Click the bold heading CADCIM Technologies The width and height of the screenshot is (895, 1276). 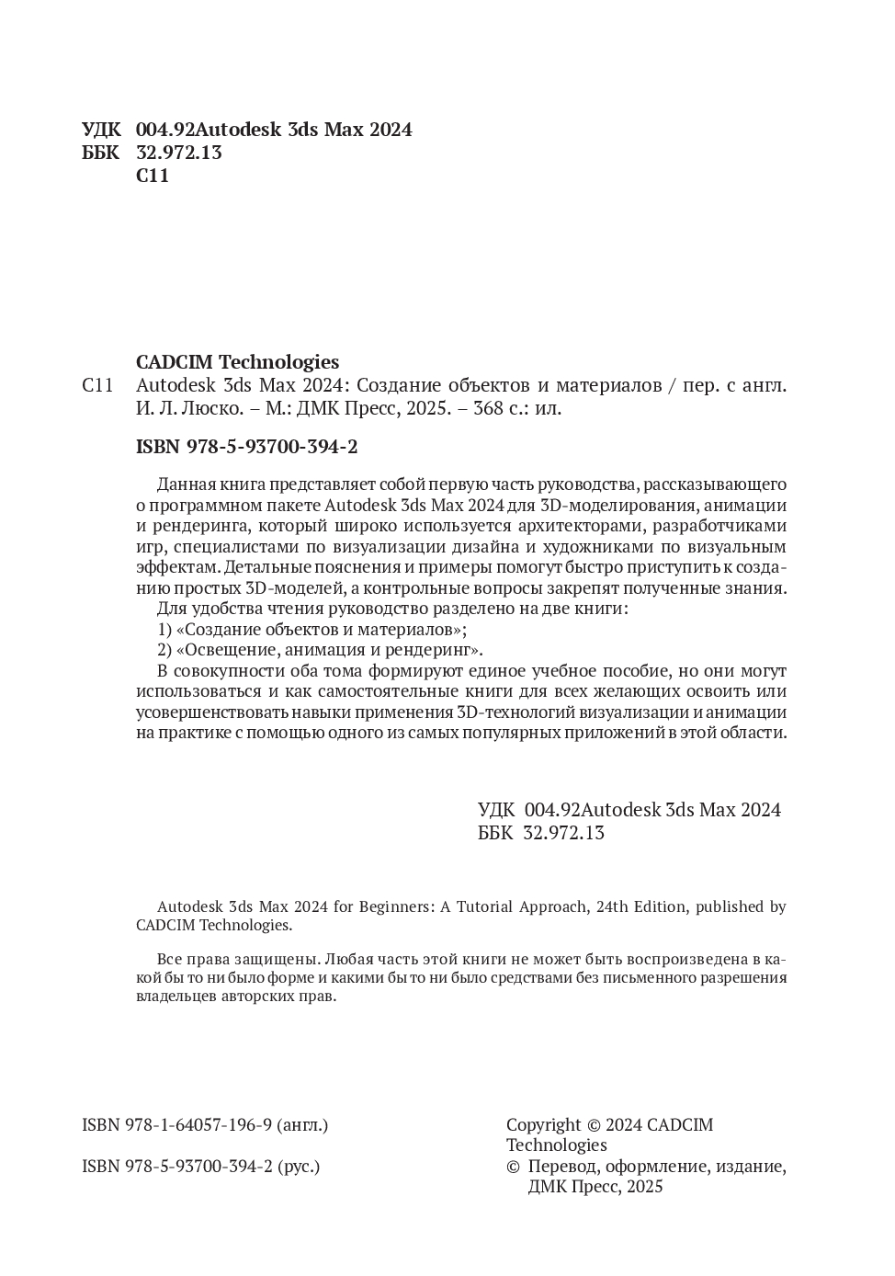point(237,362)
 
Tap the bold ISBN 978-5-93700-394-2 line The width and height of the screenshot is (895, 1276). point(246,447)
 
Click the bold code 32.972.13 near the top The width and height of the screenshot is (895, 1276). point(179,153)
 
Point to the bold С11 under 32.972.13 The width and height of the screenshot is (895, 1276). point(153,176)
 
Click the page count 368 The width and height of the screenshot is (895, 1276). point(488,408)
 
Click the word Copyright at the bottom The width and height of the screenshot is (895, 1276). point(543,1124)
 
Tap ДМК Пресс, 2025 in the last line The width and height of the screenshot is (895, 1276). point(595,1187)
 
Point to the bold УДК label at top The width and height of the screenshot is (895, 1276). point(101,130)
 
